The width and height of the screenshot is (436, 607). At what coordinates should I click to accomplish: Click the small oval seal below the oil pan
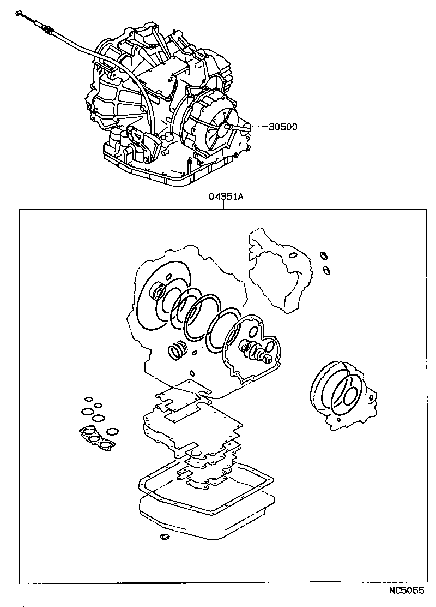[x=163, y=539]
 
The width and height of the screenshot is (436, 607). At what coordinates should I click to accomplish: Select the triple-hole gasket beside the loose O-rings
[x=97, y=435]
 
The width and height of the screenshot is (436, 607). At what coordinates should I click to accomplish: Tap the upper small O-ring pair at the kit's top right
[x=322, y=254]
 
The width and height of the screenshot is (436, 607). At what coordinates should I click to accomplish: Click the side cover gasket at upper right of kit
[x=280, y=270]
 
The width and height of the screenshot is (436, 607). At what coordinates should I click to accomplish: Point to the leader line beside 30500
[x=256, y=127]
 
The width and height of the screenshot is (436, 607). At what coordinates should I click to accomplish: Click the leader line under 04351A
[x=225, y=205]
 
